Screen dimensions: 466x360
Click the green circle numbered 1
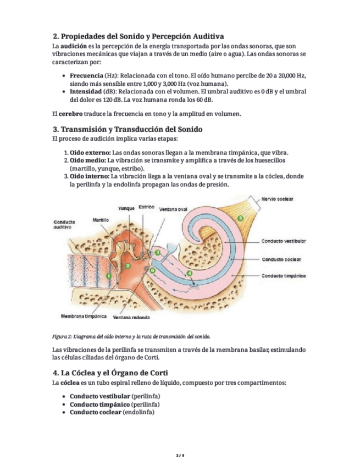(109, 274)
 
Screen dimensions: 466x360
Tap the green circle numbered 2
(128, 266)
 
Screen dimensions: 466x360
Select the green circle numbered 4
(190, 273)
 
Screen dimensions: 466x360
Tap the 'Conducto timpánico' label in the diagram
(284, 276)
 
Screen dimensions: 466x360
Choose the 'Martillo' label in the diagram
(100, 219)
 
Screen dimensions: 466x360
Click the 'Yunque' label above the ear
(126, 208)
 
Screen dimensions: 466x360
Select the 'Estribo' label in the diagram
(146, 207)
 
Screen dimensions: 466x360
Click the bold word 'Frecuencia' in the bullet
(86, 75)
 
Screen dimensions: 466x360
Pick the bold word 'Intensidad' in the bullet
(85, 91)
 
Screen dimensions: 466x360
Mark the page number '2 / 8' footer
(180, 456)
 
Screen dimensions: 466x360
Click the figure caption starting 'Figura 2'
(131, 336)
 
